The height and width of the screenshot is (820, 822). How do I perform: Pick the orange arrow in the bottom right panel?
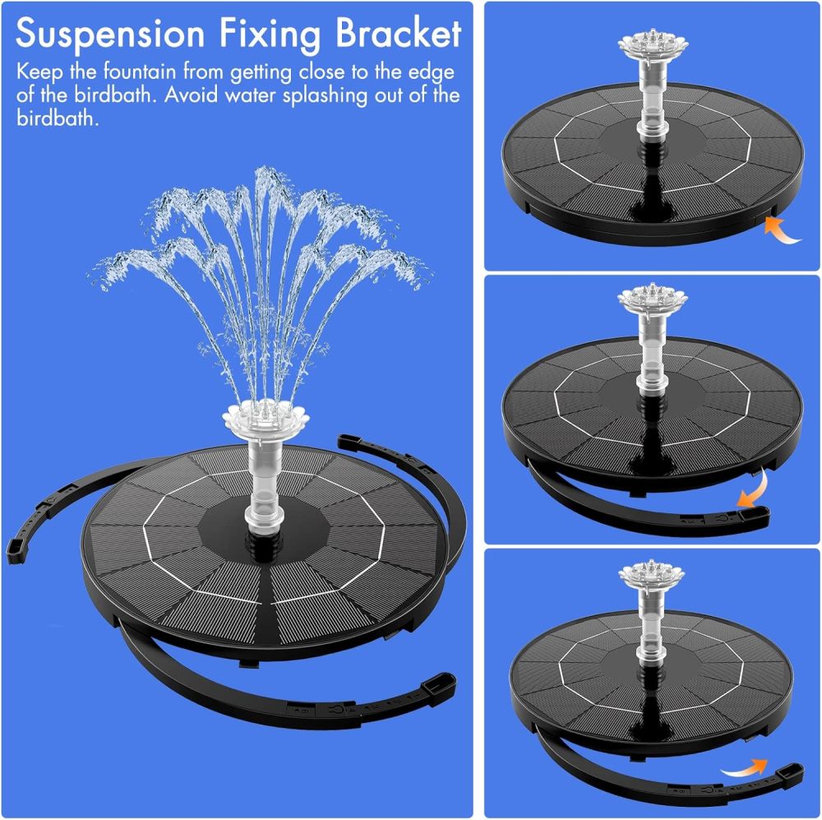[745, 770]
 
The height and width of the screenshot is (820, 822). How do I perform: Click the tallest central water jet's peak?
[265, 174]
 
